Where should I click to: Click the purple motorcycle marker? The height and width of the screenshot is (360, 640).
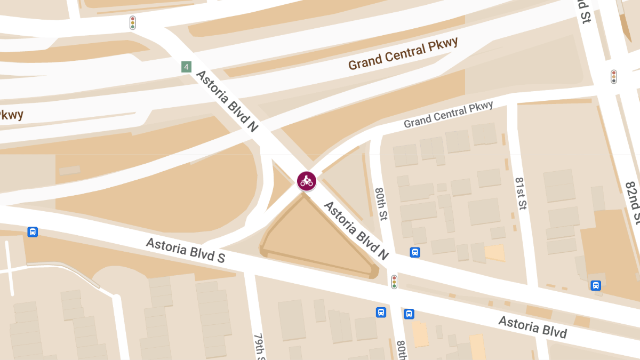[307, 180]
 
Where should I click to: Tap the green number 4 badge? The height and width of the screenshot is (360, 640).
[186, 67]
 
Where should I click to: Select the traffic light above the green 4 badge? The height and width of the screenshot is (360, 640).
[133, 22]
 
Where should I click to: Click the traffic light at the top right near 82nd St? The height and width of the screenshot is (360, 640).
[614, 76]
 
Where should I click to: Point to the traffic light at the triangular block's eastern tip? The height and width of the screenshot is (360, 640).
[394, 281]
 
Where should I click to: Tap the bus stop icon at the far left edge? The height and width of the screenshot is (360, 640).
[33, 232]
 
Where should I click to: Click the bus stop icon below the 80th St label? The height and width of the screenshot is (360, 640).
[415, 252]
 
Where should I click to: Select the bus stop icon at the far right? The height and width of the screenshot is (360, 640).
[596, 285]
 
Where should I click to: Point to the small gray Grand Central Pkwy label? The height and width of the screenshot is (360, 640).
[448, 115]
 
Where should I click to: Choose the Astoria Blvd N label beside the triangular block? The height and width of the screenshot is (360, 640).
[356, 230]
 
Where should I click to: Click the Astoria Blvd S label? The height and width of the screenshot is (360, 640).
[186, 250]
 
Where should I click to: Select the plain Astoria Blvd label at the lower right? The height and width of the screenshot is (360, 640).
[532, 327]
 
